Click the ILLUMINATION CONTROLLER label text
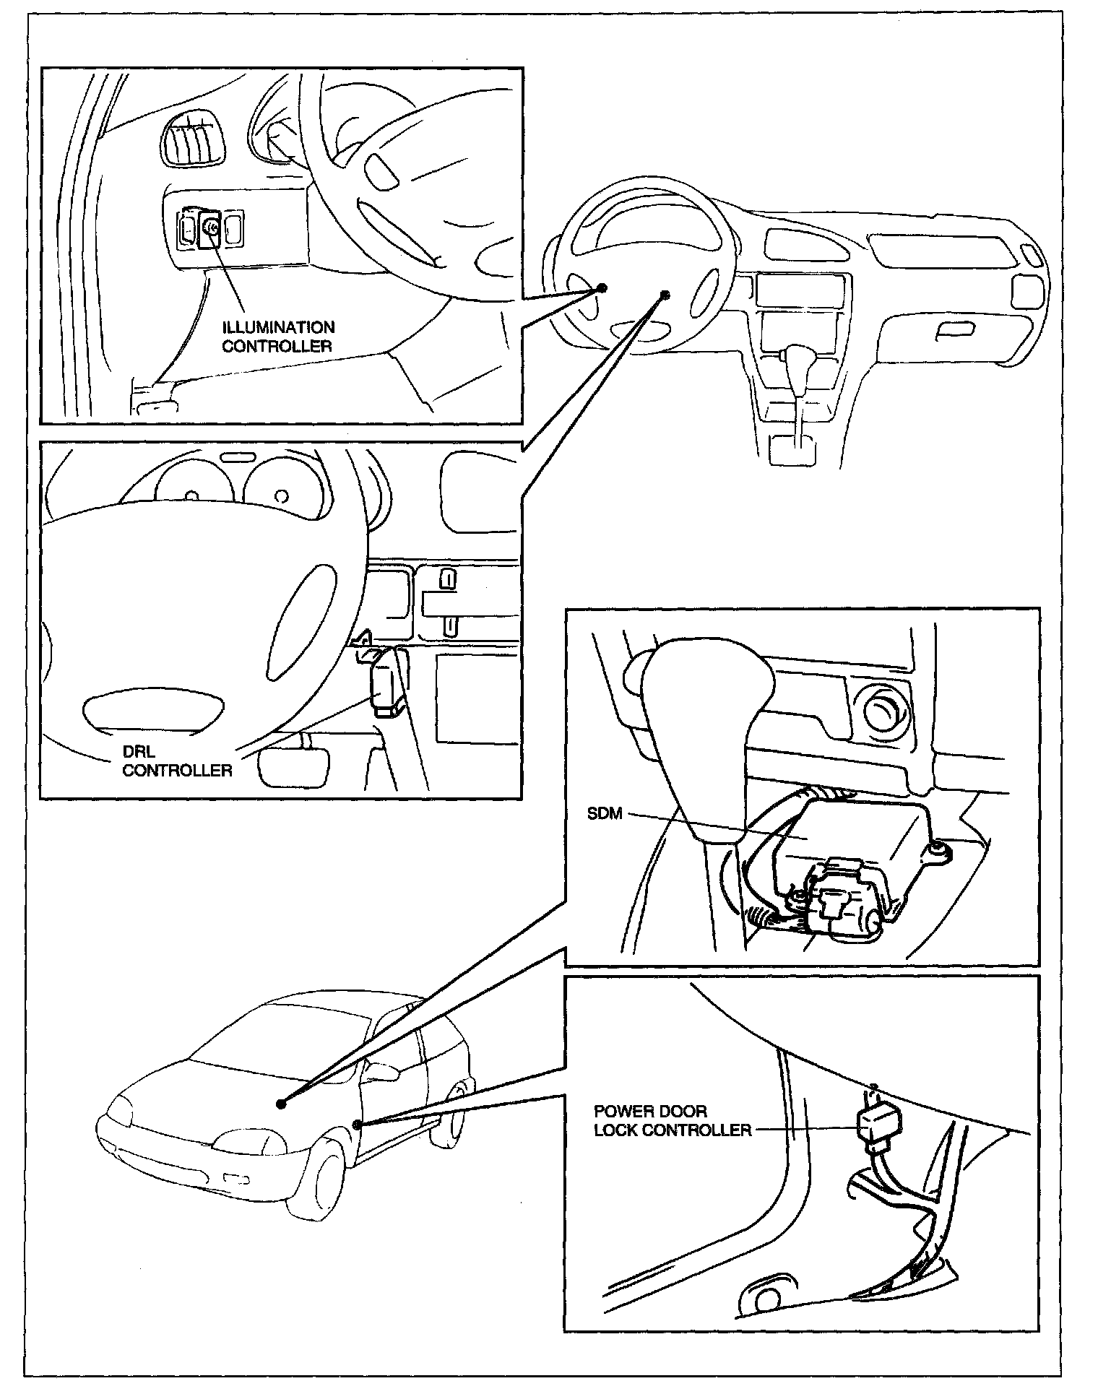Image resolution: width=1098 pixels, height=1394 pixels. point(278,337)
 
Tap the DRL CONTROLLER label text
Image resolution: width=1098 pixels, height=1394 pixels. point(176,762)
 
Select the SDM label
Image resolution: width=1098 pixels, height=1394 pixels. point(604,814)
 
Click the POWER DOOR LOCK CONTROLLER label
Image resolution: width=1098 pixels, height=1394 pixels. point(672,1120)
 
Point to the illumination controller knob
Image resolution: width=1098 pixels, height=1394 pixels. point(210,228)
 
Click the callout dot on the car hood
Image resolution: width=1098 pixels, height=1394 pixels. point(281,1104)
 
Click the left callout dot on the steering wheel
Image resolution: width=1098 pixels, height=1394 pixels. point(601,288)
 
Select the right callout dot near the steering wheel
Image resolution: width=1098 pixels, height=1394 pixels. point(665,295)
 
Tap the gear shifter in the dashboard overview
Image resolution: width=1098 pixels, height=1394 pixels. point(797,360)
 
